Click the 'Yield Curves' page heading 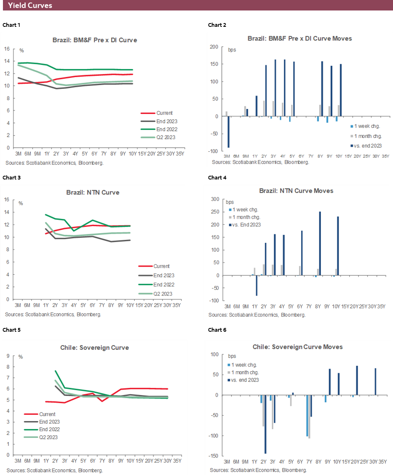tap(30, 5)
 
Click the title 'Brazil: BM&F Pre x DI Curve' tap(94, 40)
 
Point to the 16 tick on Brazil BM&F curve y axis tap(7, 49)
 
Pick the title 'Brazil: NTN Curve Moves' tap(296, 191)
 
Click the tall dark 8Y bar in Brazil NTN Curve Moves tap(320, 243)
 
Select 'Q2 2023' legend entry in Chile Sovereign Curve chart tap(48, 437)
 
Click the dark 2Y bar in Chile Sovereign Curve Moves tap(265, 424)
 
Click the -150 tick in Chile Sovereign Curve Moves tap(214, 456)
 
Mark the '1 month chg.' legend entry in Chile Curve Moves tap(246, 372)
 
